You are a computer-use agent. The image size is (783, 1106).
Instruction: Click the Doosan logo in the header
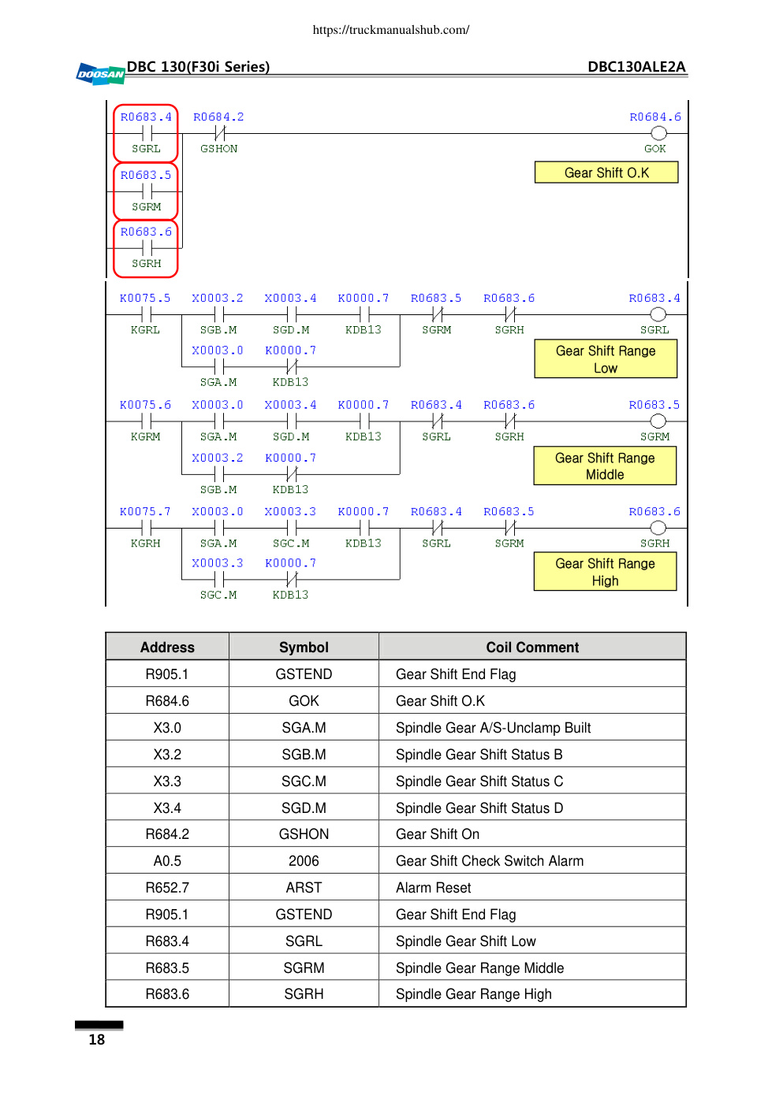[100, 74]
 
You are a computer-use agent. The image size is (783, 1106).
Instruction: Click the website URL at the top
[391, 30]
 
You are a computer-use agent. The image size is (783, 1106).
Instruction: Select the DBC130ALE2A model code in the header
[636, 67]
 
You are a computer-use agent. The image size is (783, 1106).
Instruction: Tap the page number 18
[97, 1040]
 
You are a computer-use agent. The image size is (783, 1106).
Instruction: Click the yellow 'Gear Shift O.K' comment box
[606, 173]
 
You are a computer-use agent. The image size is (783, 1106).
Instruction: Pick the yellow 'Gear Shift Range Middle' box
[605, 466]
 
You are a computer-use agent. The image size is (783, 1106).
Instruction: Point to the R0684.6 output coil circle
[658, 133]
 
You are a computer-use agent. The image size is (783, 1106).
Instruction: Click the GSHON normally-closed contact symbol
[220, 133]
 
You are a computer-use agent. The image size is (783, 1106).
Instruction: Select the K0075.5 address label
[145, 299]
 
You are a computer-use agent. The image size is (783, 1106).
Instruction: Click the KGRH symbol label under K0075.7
[145, 544]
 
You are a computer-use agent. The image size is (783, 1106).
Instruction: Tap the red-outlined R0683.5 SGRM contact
[146, 191]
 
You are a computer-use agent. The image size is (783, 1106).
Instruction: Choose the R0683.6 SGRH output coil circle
[658, 529]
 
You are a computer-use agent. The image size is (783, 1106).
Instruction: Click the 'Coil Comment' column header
[532, 648]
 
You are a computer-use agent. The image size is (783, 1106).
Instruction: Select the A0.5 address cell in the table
[168, 861]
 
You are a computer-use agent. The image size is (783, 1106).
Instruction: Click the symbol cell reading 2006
[304, 861]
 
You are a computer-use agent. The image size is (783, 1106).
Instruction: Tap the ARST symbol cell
[304, 888]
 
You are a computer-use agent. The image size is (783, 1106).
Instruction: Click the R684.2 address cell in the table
[168, 834]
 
